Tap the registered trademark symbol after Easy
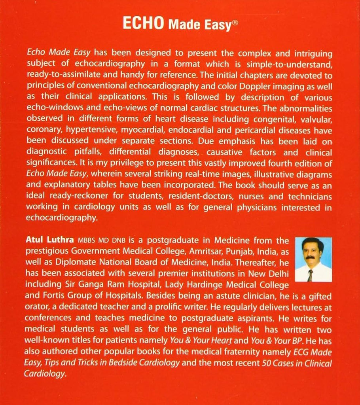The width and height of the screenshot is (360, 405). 235,23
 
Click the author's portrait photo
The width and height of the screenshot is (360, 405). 313,259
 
